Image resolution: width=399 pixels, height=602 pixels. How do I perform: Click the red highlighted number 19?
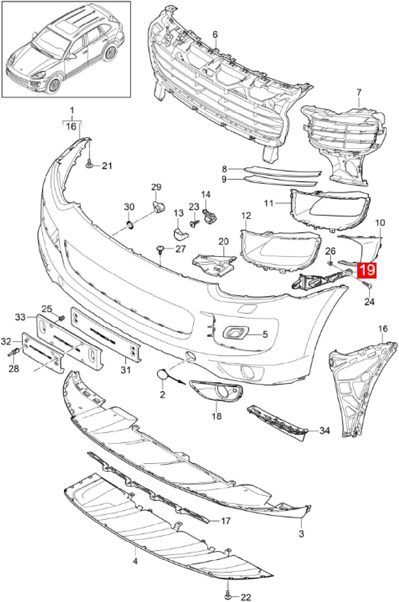[x=367, y=270]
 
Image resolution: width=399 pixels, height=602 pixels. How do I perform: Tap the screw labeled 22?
[x=228, y=593]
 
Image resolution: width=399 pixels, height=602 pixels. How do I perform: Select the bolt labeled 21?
[x=89, y=164]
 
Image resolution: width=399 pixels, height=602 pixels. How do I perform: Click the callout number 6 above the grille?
[x=215, y=35]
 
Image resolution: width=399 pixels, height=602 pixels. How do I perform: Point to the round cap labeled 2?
[x=162, y=375]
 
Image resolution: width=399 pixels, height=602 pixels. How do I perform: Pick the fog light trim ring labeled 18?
[x=216, y=392]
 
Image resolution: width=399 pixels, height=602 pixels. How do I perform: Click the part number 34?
[x=324, y=430]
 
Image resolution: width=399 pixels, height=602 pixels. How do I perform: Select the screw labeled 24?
[x=367, y=286]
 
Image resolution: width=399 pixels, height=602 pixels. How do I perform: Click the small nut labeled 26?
[x=330, y=263]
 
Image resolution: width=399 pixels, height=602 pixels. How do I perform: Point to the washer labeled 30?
[x=130, y=224]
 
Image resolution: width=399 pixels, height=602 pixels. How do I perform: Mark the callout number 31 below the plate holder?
[x=126, y=370]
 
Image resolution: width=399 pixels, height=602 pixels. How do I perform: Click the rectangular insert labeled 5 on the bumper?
[x=234, y=333]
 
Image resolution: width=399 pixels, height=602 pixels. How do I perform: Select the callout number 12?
[x=246, y=215]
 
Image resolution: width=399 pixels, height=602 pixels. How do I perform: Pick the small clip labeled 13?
[x=179, y=234]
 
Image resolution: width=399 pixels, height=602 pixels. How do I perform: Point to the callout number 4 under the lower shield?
[x=135, y=561]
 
